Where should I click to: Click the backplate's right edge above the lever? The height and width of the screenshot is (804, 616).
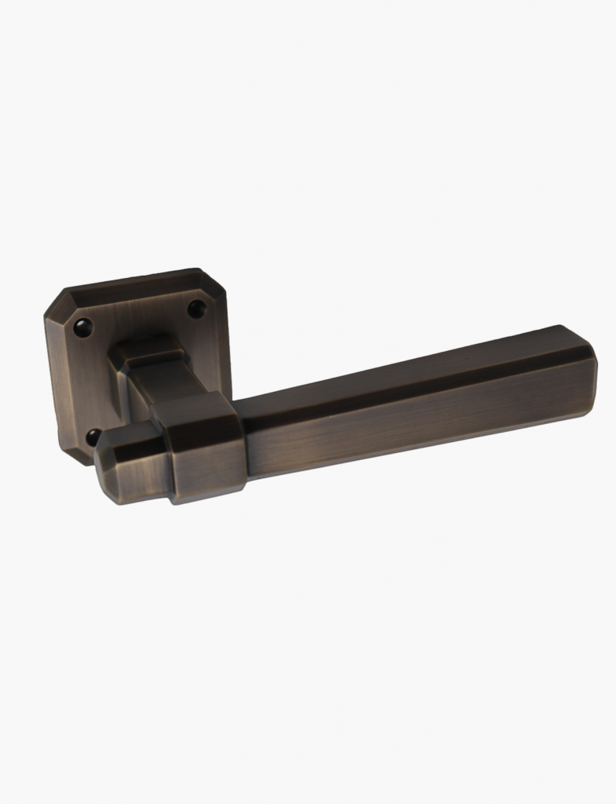tap(227, 345)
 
